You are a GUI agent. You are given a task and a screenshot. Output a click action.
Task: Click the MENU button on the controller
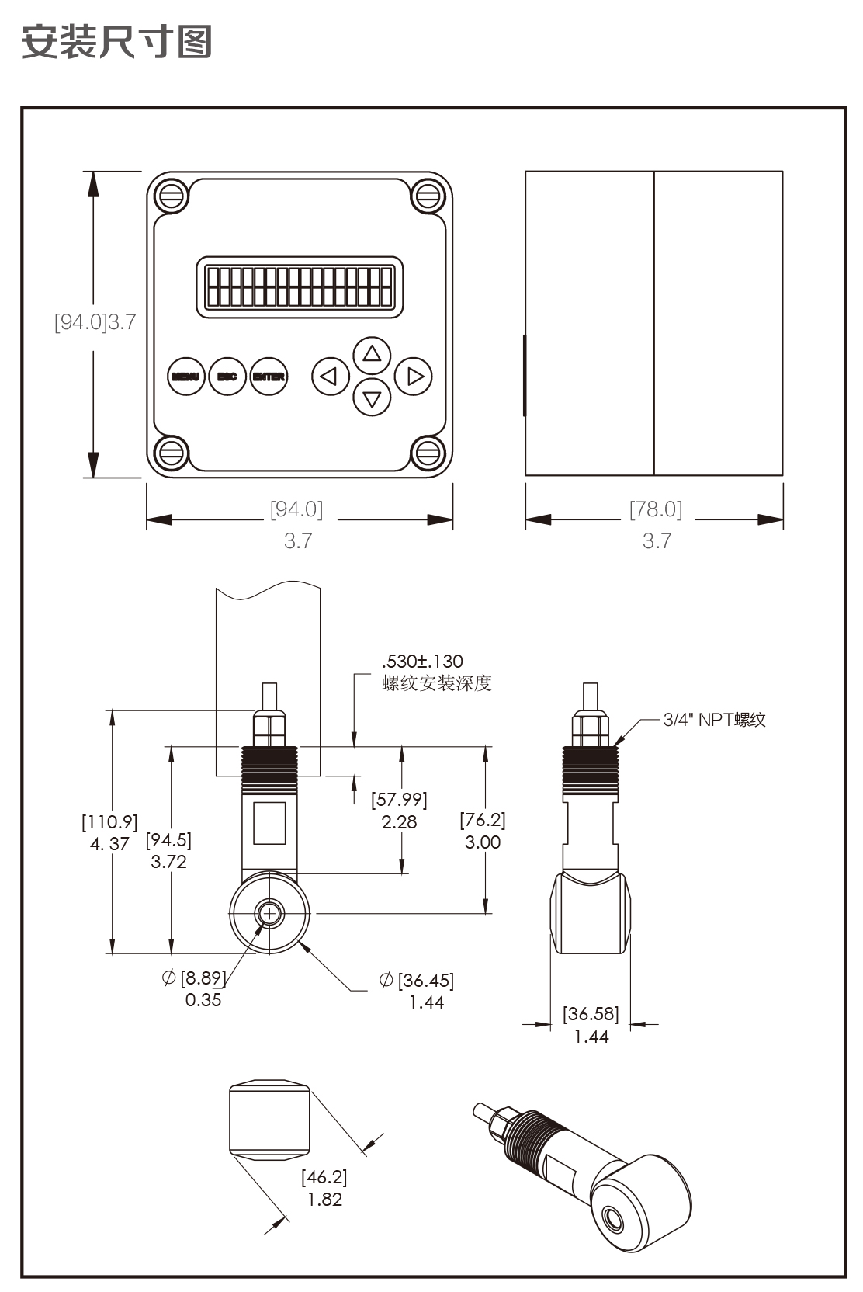(x=186, y=377)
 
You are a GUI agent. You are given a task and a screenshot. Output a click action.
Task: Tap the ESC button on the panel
(x=227, y=377)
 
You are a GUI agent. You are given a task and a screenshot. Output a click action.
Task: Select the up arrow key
(x=372, y=355)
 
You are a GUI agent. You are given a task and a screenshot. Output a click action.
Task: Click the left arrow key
(x=331, y=377)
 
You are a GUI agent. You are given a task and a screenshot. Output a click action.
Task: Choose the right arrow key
(x=414, y=377)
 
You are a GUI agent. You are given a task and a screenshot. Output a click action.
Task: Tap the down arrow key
(x=372, y=398)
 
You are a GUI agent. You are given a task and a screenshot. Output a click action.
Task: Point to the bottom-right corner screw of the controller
(x=428, y=453)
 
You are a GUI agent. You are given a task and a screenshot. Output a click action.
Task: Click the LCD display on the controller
(x=300, y=287)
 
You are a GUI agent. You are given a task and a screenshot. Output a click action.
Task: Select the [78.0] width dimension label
(x=656, y=509)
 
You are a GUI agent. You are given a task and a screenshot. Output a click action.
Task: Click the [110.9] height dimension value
(x=109, y=821)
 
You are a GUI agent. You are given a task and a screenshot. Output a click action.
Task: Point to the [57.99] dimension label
(x=399, y=800)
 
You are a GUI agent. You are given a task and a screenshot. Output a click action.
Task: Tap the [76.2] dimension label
(x=483, y=820)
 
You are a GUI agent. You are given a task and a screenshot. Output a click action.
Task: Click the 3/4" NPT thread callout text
(x=714, y=720)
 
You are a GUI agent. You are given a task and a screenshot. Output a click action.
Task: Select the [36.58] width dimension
(x=591, y=1014)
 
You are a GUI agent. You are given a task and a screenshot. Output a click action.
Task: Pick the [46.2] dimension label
(x=324, y=1177)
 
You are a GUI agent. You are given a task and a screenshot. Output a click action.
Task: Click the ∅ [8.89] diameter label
(x=194, y=978)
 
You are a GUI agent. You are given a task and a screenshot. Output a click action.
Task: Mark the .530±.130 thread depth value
(x=422, y=662)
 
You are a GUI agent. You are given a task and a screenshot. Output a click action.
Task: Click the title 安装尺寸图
(x=116, y=41)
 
